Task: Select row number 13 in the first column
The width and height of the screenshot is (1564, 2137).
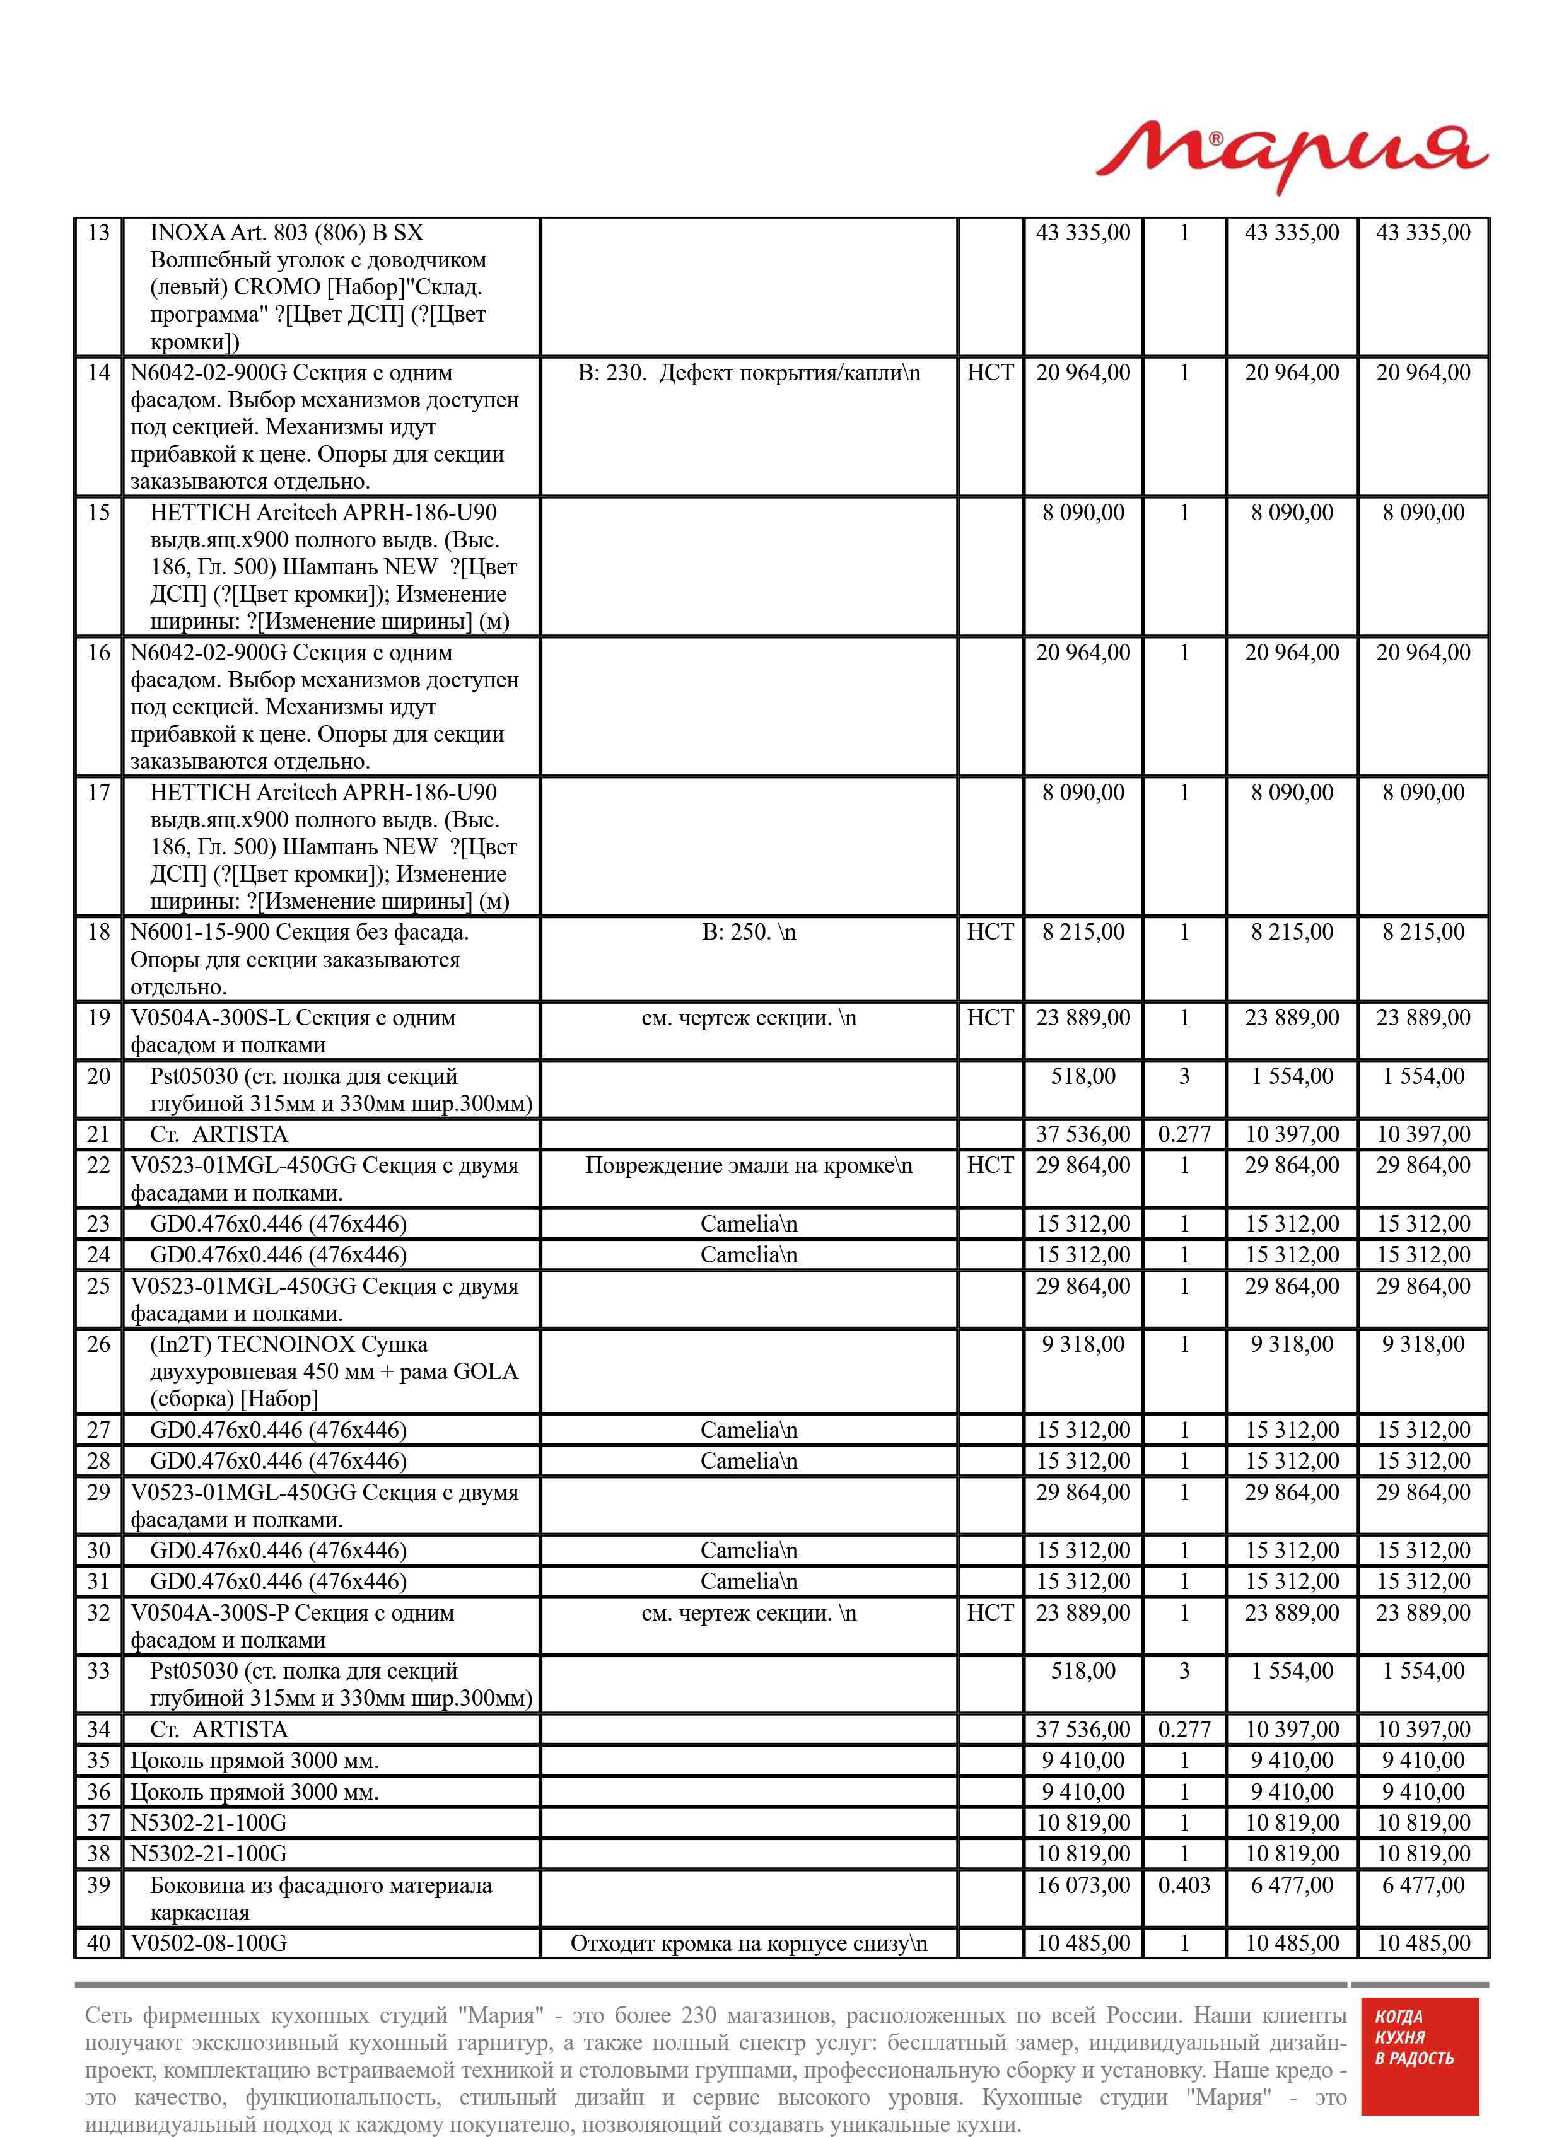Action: coord(98,233)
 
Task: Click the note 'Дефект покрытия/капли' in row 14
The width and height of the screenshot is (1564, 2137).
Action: coord(789,373)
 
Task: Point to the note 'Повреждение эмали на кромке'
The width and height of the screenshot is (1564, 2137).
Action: coord(748,1165)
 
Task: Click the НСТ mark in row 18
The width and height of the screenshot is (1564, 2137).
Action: coord(989,932)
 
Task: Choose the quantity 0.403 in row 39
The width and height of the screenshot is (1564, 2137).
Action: coord(1184,1885)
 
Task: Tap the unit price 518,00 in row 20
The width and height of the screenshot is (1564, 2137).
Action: coord(1083,1076)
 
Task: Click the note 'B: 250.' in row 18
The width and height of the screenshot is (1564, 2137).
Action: coord(748,932)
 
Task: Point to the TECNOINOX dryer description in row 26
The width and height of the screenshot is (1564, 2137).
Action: coord(333,1371)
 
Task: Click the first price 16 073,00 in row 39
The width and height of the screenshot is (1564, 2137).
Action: coord(1083,1885)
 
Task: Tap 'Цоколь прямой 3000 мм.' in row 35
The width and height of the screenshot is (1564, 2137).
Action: coord(254,1761)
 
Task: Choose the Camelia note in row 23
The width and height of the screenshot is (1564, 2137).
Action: coord(748,1224)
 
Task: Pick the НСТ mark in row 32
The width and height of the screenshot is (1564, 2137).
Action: coord(989,1613)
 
